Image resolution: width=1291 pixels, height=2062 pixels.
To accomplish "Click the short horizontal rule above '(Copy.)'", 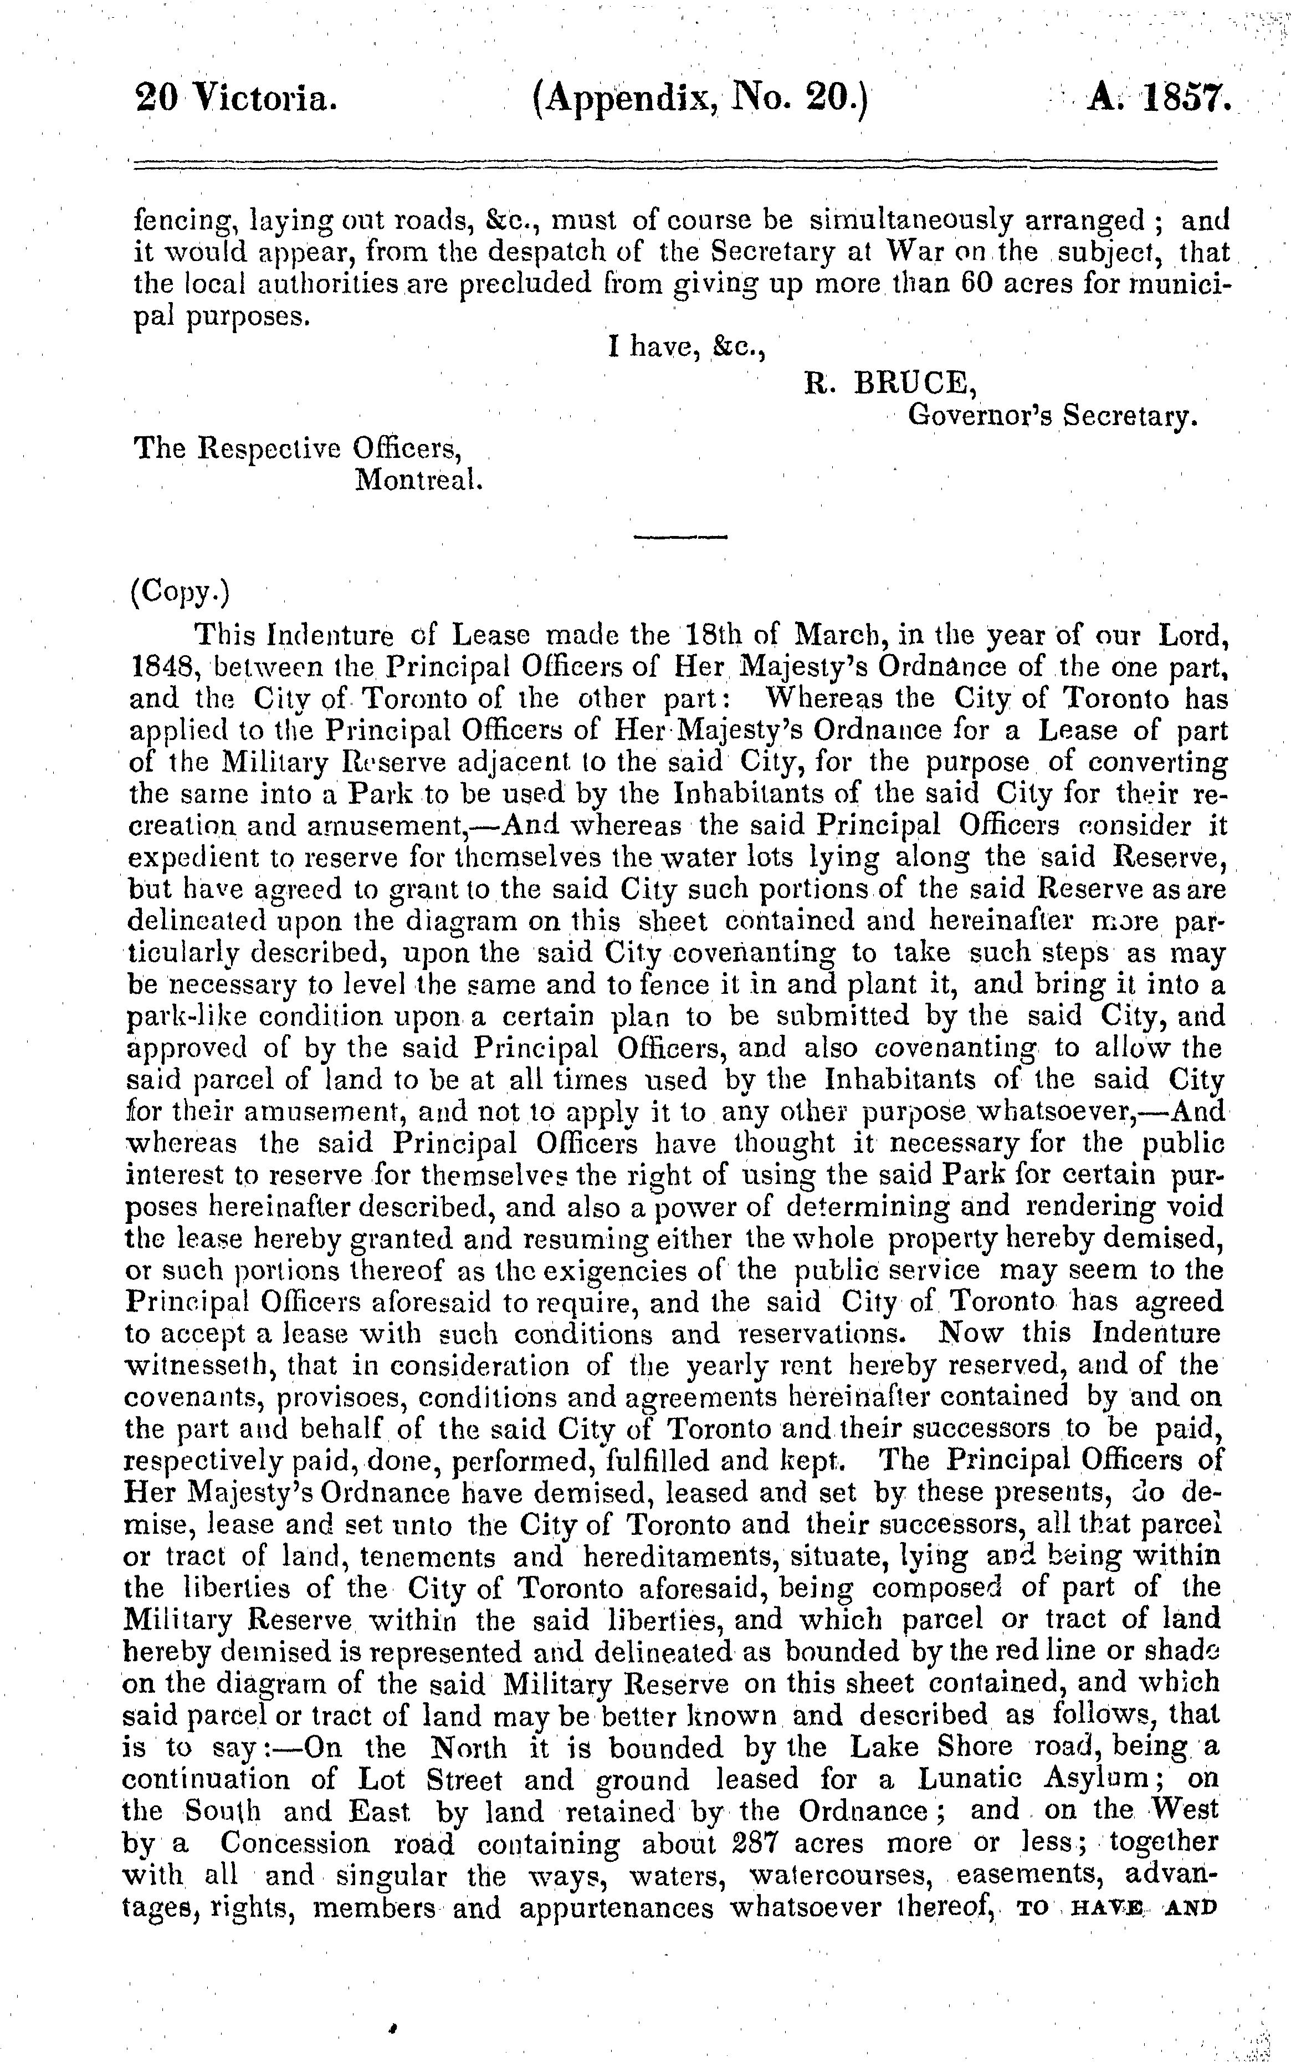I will pyautogui.click(x=680, y=537).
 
